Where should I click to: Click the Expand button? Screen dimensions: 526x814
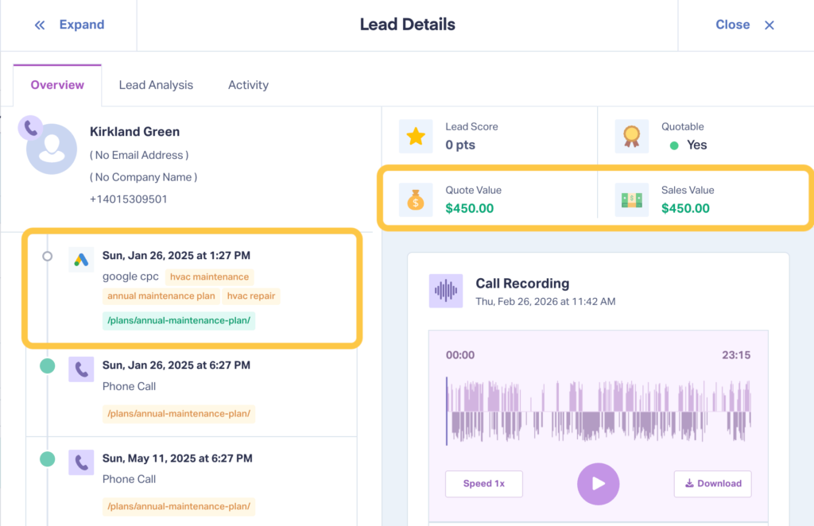[x=70, y=25]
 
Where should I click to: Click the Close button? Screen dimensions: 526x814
[x=745, y=25]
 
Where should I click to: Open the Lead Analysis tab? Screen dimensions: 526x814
[x=156, y=85]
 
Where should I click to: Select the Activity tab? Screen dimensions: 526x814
[x=248, y=85]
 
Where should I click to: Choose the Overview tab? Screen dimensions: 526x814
[x=57, y=85]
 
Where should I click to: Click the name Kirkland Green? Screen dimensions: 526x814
[x=134, y=132]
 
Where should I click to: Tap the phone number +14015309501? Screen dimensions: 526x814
[x=128, y=199]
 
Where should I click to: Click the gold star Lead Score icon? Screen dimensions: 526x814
[x=416, y=137]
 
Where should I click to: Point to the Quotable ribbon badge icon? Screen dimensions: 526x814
[x=632, y=137]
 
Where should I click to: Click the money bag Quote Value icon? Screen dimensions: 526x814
[x=416, y=200]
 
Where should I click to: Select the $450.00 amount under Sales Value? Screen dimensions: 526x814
[x=685, y=208]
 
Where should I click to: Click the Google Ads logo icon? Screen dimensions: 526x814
[x=81, y=260]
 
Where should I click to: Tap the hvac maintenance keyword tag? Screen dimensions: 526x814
[x=210, y=277]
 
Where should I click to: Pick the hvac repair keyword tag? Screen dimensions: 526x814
[x=250, y=296]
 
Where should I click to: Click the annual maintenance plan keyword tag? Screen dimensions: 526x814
[x=161, y=296]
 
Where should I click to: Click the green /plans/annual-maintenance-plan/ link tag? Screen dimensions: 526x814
[x=178, y=320]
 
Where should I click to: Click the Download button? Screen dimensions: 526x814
[x=712, y=483]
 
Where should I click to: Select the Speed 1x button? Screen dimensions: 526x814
[x=484, y=483]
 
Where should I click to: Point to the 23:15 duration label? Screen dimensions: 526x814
[x=735, y=355]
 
